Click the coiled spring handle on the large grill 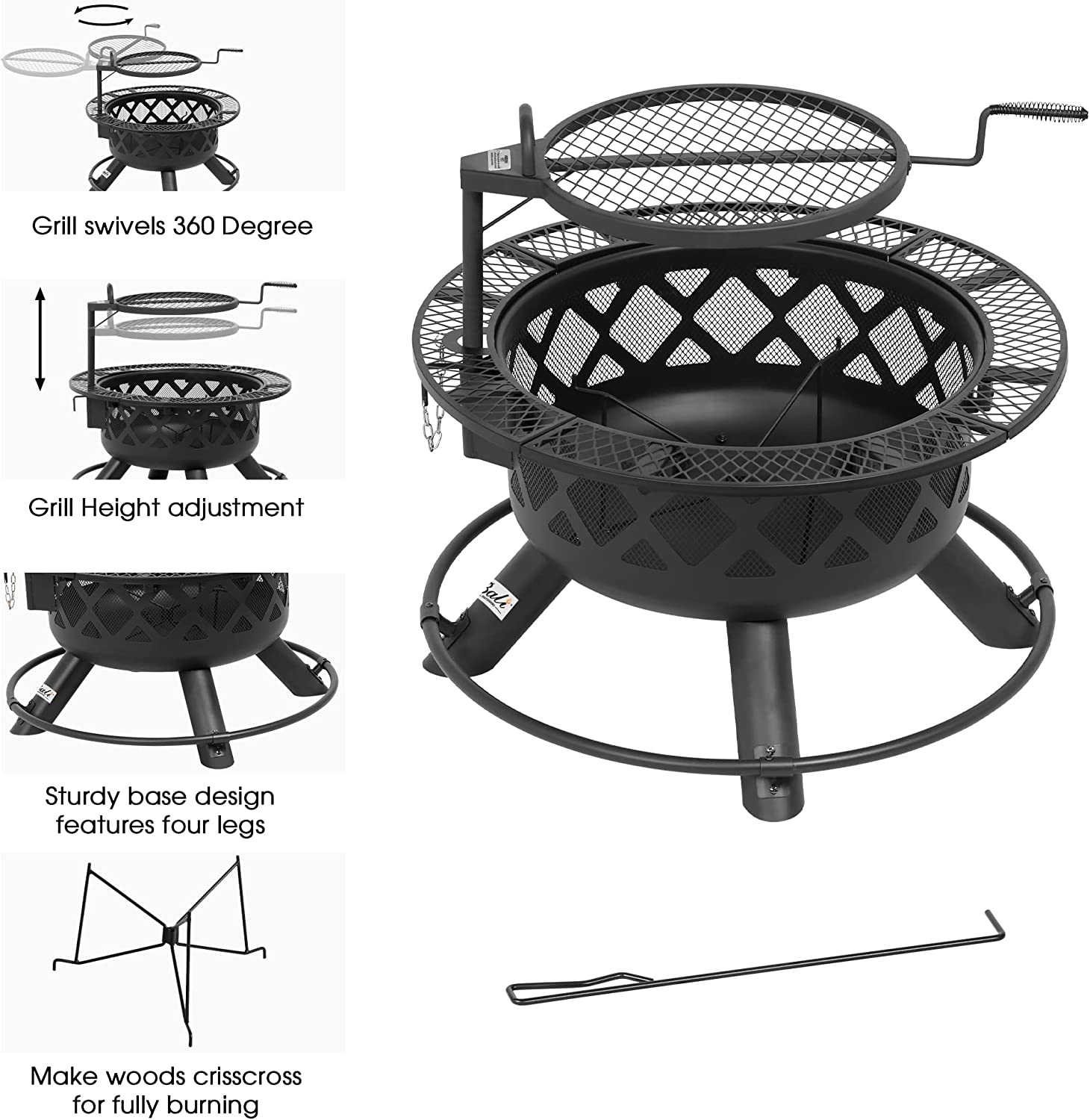(x=1045, y=114)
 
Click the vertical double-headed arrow (x=41, y=339)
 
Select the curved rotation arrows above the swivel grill (x=105, y=16)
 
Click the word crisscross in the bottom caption (x=246, y=1077)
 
